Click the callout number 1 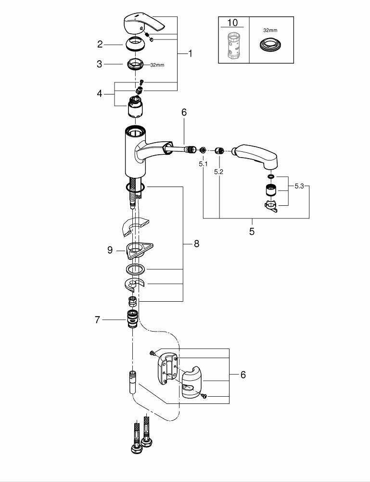tap(190, 54)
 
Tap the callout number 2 tap(100, 44)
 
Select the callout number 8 tap(196, 244)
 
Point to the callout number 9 tap(110, 250)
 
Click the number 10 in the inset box tap(233, 23)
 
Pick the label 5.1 tap(203, 164)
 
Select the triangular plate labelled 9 tap(140, 249)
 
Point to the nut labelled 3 tap(136, 64)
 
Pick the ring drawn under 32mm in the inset tap(269, 46)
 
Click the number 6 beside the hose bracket tap(243, 375)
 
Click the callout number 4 tap(100, 94)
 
